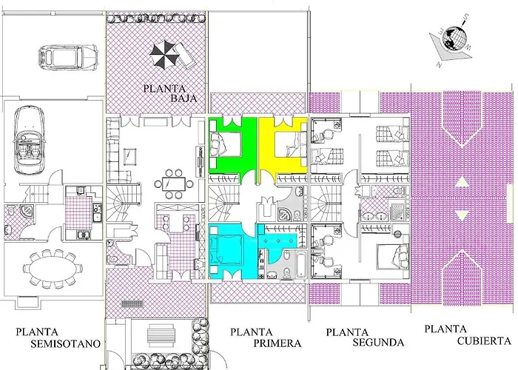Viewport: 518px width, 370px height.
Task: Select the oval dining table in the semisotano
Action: click(53, 268)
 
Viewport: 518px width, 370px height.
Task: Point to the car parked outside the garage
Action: click(67, 57)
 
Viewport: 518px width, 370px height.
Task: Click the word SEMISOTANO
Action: click(66, 343)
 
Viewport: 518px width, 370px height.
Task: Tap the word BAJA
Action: click(184, 98)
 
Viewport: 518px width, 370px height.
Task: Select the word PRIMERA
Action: click(277, 343)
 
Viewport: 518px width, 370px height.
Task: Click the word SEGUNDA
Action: click(378, 342)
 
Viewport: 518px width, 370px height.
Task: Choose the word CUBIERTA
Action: click(484, 340)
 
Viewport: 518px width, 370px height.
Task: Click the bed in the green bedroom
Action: click(225, 144)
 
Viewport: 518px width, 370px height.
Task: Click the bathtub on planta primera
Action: click(300, 264)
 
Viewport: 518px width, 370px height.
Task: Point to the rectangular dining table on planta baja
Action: click(174, 184)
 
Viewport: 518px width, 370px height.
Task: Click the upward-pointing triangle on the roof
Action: click(462, 182)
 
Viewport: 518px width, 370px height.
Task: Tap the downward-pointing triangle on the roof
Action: click(462, 215)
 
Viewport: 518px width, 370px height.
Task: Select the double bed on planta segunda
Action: click(393, 256)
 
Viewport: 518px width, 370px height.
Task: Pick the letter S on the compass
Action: click(466, 16)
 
